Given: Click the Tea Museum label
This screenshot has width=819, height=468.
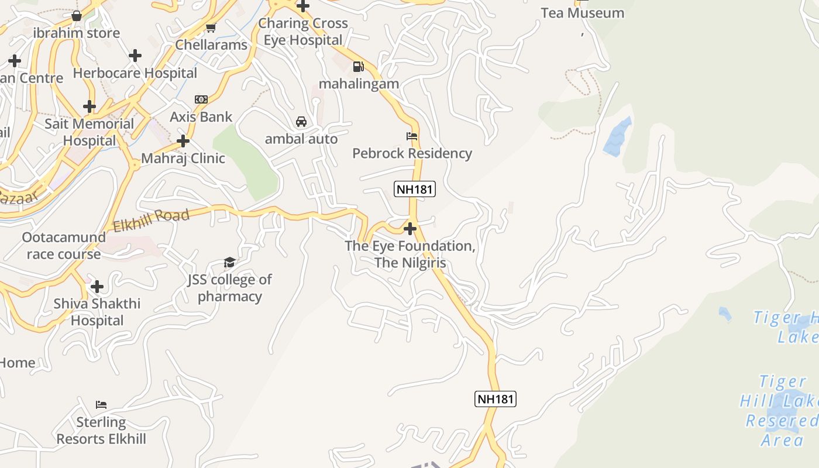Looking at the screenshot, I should click(582, 13).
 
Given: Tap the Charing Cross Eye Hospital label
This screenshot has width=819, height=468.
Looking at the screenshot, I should click(303, 32).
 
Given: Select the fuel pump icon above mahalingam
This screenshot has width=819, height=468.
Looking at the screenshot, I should click(358, 67).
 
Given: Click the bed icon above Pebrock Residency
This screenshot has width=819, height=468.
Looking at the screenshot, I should click(412, 136).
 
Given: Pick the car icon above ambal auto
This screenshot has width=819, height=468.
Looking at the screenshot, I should click(301, 122).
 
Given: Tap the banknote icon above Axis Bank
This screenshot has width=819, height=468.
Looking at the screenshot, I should click(201, 99).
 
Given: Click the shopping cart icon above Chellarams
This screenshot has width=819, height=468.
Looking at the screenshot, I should click(211, 27).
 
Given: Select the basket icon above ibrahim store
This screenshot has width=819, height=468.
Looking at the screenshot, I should click(76, 16).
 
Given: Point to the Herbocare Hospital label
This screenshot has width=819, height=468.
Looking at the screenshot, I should click(135, 73).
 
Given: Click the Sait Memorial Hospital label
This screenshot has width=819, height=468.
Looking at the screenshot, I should click(90, 132).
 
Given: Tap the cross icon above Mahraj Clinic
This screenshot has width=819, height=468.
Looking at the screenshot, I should click(183, 141).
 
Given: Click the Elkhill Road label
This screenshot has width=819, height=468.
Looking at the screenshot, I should click(151, 221).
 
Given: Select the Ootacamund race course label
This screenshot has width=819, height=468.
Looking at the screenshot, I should click(64, 246).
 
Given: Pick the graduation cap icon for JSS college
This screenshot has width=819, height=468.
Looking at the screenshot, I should click(229, 263).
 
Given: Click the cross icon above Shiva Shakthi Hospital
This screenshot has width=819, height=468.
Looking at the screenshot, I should click(97, 287).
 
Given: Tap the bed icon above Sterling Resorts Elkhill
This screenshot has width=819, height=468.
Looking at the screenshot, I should click(101, 405).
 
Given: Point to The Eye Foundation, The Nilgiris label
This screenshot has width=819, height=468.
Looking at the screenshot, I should click(410, 254).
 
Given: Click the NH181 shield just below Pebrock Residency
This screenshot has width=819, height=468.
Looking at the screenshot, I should click(415, 189).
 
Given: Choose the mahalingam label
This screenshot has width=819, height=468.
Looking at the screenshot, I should click(359, 84).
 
